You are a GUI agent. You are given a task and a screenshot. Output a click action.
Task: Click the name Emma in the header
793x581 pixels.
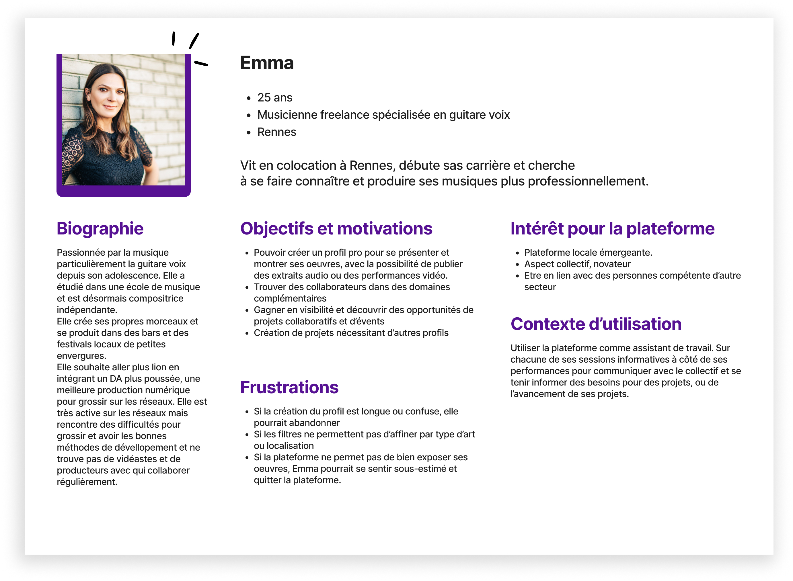pyautogui.click(x=267, y=63)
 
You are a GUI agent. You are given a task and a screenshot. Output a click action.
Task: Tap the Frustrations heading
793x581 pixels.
pyautogui.click(x=289, y=387)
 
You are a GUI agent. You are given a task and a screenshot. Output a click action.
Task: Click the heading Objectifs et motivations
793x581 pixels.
pyautogui.click(x=336, y=229)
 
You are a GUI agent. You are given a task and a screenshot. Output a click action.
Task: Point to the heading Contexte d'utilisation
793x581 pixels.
pyautogui.click(x=596, y=324)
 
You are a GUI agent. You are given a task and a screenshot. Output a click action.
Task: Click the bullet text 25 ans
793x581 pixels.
pyautogui.click(x=274, y=97)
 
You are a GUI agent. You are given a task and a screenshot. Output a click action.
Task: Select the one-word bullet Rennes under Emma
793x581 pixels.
pyautogui.click(x=276, y=132)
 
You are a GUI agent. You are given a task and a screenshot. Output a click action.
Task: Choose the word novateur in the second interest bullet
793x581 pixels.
pyautogui.click(x=612, y=264)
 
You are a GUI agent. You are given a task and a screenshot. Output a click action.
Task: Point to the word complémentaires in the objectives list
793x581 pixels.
pyautogui.click(x=290, y=299)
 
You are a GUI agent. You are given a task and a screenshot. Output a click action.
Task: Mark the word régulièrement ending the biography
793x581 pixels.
pyautogui.click(x=87, y=482)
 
